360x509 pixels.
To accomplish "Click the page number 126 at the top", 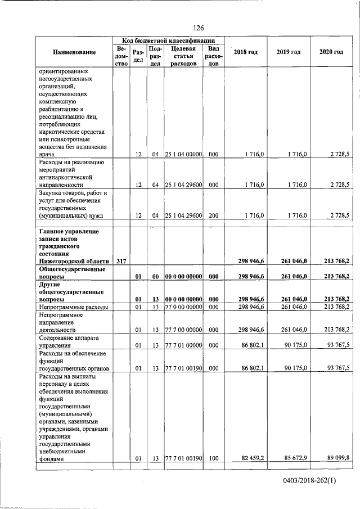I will pos(198,28).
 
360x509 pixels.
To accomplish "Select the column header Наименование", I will pos(74,52).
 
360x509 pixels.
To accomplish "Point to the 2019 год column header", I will pos(288,52).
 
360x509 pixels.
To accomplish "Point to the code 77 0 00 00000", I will pos(183,307).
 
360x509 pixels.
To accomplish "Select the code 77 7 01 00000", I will pos(183,345).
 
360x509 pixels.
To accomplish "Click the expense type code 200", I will pos(213,215).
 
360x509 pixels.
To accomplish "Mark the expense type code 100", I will pos(213,459).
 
